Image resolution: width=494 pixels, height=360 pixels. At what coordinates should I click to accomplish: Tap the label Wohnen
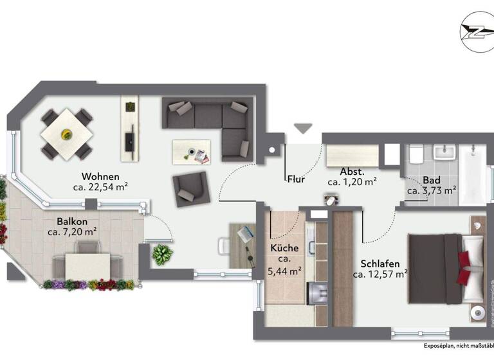[x=100, y=176]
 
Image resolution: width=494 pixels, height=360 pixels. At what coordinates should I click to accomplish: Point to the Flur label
[x=296, y=179]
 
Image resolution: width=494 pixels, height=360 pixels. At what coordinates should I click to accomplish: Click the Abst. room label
[x=352, y=172]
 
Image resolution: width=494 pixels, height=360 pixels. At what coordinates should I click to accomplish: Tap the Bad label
[x=431, y=180]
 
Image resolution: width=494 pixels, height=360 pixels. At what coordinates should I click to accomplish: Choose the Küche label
[x=285, y=247]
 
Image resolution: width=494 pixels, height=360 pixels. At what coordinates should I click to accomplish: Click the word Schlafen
[x=380, y=264]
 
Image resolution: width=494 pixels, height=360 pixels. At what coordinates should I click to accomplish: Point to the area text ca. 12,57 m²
[x=380, y=274]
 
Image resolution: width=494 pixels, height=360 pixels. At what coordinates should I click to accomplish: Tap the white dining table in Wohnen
[x=66, y=134]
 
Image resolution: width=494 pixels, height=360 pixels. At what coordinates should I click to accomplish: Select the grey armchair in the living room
[x=190, y=188]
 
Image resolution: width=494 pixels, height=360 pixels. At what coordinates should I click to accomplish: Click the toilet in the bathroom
[x=416, y=155]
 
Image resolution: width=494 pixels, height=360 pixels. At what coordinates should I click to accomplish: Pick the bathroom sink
[x=444, y=152]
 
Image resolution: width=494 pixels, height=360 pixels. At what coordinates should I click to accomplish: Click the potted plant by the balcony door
[x=161, y=254]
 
